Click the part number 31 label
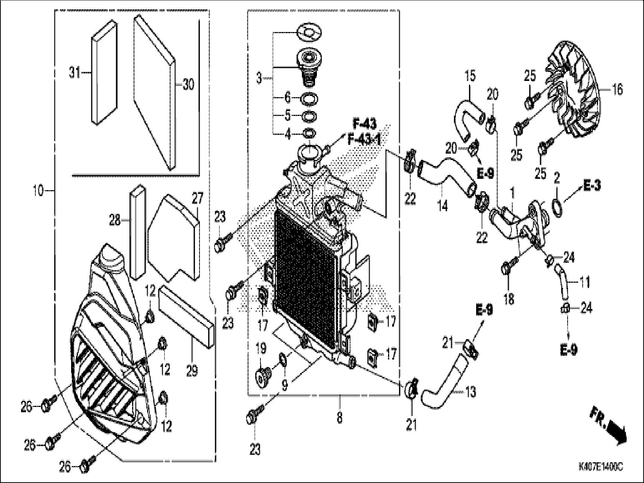coord(75,72)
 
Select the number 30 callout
coord(188,84)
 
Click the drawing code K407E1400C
coord(601,467)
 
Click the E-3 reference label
coord(592,186)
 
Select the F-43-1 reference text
coord(364,140)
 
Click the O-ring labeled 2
coord(557,208)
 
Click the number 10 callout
coord(39,191)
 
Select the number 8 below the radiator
coord(340,418)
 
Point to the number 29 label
coord(192,372)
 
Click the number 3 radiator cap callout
coord(259,79)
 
